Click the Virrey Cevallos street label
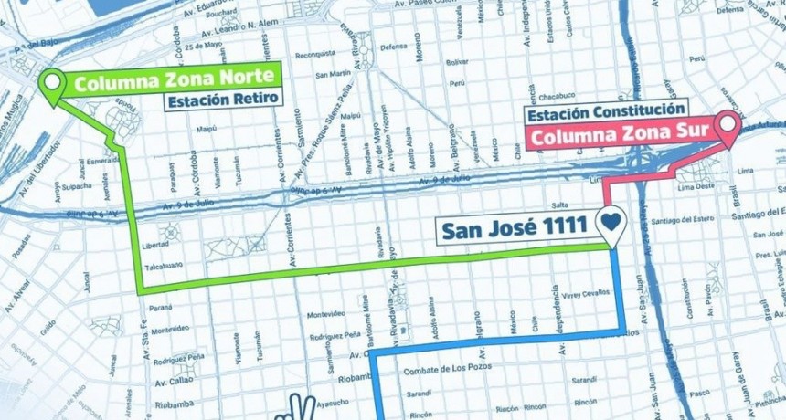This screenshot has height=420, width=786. click(x=579, y=295)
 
